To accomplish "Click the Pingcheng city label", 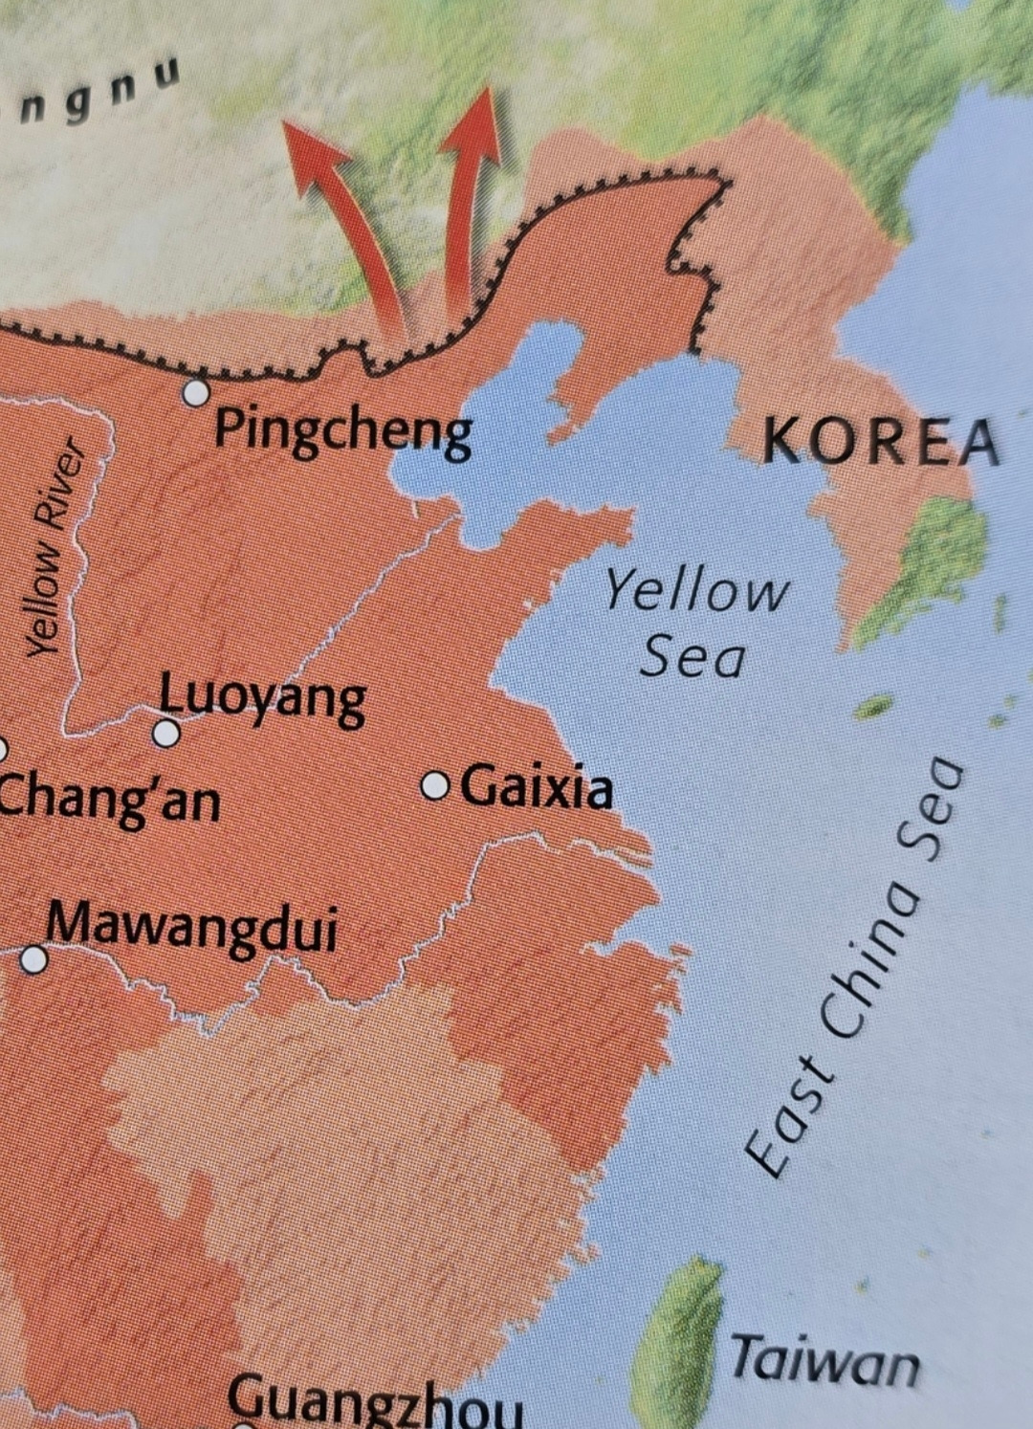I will coord(342,431).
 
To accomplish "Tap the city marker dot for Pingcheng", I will coord(196,392).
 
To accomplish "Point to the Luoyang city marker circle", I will coord(166,734).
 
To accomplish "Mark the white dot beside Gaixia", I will coord(435,786).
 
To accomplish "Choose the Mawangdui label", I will coord(192,927).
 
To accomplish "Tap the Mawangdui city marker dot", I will coord(34,958).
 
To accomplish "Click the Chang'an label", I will coord(109,799).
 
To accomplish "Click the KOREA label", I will coord(881,442).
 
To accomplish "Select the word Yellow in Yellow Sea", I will coord(696,590).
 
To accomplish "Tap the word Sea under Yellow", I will coord(692,657).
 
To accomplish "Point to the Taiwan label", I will coord(824,1360).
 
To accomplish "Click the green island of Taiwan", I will coord(685,1339).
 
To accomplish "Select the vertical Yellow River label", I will coord(54,547).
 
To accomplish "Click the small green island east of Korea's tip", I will coord(871,708).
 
